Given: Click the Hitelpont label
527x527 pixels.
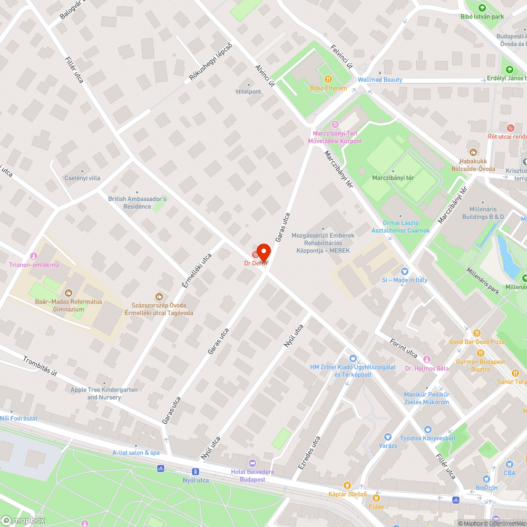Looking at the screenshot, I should point(249,92).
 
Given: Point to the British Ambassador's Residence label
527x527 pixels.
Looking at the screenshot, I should point(137,202).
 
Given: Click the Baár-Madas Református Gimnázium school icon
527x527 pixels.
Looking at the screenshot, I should point(68,293).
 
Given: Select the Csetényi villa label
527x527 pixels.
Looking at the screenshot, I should point(82,178).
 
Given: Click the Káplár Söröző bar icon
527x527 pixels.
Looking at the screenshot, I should point(347,485).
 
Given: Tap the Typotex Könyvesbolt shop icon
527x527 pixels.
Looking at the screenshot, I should point(427,430).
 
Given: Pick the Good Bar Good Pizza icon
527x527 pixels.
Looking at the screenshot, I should point(477,333).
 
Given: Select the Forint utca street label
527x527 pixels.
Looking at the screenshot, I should point(404,347).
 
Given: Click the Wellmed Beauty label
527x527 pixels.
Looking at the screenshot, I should point(379,80).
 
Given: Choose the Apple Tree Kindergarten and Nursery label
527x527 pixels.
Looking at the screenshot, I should point(104,393).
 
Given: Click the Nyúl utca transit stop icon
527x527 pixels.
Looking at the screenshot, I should point(196,472).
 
